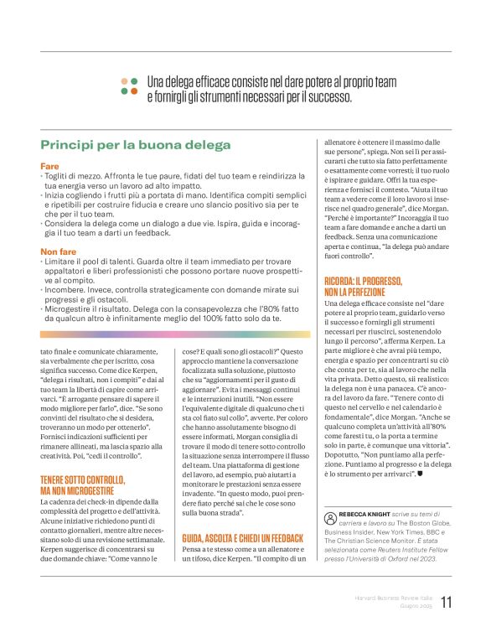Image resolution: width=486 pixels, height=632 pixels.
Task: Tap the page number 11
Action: click(446, 603)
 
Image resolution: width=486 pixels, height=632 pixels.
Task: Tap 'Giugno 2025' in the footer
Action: click(415, 606)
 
